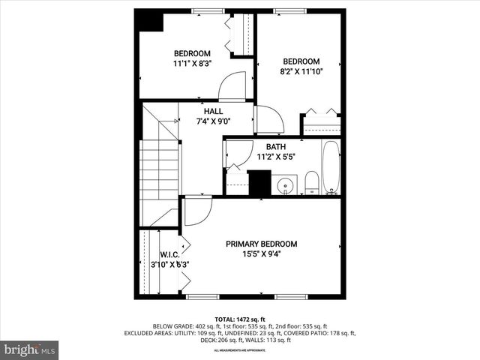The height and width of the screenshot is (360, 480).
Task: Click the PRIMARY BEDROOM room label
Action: (x=262, y=244)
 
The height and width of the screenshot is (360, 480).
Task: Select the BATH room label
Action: (x=275, y=147)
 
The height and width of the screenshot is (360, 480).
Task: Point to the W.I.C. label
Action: (x=169, y=254)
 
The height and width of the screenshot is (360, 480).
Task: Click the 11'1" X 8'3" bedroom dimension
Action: (x=192, y=64)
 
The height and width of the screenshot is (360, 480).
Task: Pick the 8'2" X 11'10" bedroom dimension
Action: (x=301, y=72)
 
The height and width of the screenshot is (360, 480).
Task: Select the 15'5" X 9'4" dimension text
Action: (x=262, y=253)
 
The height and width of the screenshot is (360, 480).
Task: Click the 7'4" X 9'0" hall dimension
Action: (x=213, y=121)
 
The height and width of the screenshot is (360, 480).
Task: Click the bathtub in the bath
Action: (x=331, y=166)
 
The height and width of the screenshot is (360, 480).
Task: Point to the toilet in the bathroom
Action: (x=311, y=182)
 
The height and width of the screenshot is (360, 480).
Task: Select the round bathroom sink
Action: (x=285, y=185)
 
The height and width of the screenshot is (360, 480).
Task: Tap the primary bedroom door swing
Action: (x=196, y=210)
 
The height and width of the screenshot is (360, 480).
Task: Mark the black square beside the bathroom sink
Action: (x=259, y=182)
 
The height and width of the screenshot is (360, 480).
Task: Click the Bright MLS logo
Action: (x=30, y=349)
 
